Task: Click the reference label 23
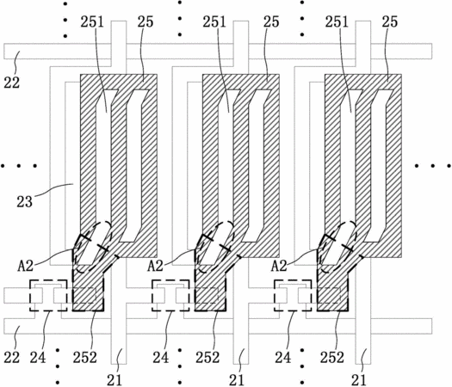[x=24, y=201]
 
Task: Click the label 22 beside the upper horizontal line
[x=12, y=83]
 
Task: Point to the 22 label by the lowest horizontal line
[x=12, y=358]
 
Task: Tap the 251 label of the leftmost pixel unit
[x=92, y=21]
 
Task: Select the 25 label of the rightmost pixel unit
[x=390, y=21]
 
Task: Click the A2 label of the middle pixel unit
[x=156, y=266]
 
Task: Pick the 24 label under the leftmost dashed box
[x=38, y=358]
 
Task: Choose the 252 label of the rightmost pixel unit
[x=332, y=358]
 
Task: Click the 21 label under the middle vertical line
[x=237, y=380]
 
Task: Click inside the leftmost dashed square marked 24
[x=48, y=295]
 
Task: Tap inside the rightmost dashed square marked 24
[x=293, y=295]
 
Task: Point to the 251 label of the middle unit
[x=214, y=21]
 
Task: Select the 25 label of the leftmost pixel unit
[x=146, y=21]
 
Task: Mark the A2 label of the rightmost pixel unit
[x=279, y=266]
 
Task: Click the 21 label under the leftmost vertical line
[x=115, y=380]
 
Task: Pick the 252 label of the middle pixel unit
[x=207, y=358]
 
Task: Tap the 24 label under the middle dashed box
[x=160, y=358]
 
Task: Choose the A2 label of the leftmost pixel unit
[x=26, y=266]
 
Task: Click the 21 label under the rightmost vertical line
[x=359, y=380]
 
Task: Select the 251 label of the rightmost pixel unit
[x=337, y=21]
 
